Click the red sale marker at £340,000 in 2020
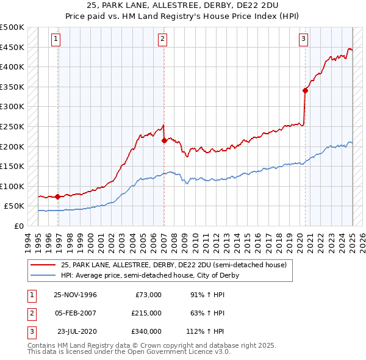pyautogui.click(x=304, y=90)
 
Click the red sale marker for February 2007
pyautogui.click(x=163, y=140)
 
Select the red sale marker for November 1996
pyautogui.click(x=57, y=197)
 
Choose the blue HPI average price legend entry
pyautogui.click(x=149, y=275)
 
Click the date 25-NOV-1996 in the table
pyautogui.click(x=75, y=295)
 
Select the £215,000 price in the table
pyautogui.click(x=147, y=313)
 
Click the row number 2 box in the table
pyautogui.click(x=31, y=313)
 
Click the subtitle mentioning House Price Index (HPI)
pyautogui.click(x=183, y=18)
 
